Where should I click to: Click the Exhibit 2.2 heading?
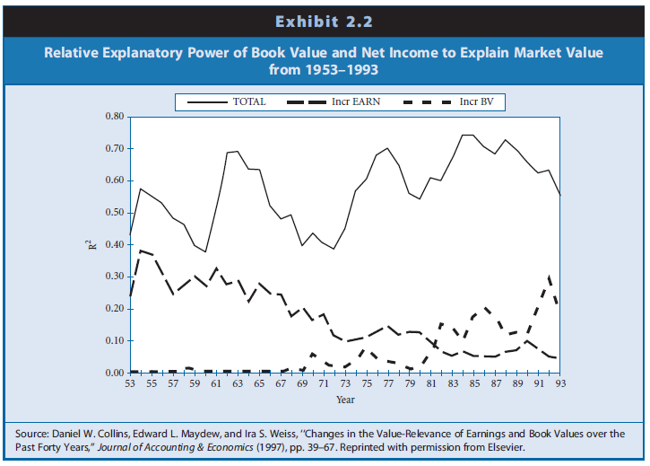[325, 19]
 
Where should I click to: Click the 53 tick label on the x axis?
[131, 384]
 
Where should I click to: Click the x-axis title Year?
[344, 399]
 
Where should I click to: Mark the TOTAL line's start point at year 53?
[131, 234]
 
